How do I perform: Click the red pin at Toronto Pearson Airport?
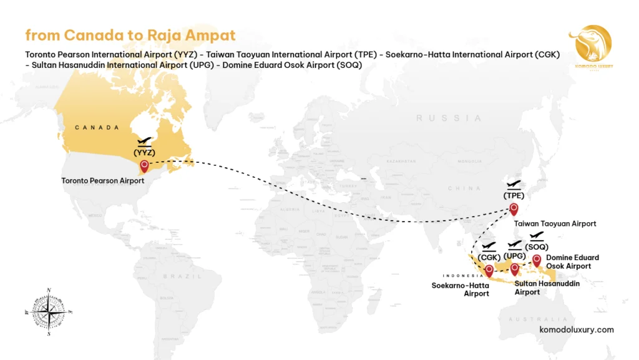(145, 166)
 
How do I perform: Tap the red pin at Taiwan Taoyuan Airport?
(514, 208)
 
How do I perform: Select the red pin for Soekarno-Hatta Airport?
(489, 270)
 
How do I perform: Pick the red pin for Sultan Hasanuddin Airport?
(514, 269)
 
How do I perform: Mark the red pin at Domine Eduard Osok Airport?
(536, 260)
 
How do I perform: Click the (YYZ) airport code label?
(144, 152)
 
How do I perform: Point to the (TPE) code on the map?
(514, 195)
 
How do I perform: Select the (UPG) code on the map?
(514, 255)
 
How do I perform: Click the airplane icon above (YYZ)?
(144, 142)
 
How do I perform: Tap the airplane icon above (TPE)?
(514, 185)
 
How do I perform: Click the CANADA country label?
(97, 127)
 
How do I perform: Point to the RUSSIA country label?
(449, 118)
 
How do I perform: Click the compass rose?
(49, 311)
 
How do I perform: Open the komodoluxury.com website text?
(576, 329)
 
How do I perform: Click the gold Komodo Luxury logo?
(590, 47)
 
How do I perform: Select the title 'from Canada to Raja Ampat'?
(130, 34)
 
